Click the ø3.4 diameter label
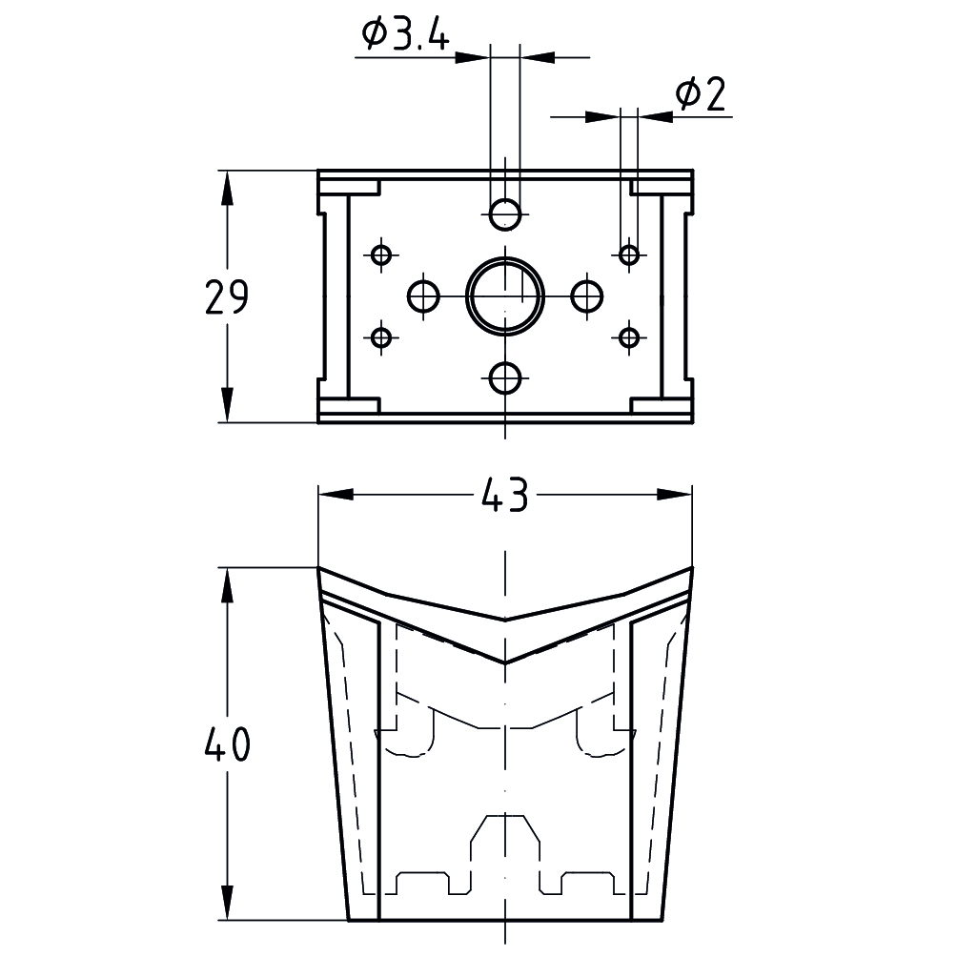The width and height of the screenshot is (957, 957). tap(405, 35)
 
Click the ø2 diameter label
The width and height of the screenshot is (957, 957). tap(701, 94)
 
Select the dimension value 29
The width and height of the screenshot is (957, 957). tap(227, 297)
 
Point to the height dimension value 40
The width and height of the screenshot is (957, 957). tap(227, 744)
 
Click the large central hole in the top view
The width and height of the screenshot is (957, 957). tap(504, 295)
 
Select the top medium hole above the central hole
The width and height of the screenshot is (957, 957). tap(505, 214)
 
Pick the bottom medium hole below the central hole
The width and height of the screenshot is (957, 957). tap(505, 378)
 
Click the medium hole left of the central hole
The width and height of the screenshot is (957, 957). tap(423, 295)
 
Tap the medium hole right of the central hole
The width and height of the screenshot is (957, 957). tap(587, 295)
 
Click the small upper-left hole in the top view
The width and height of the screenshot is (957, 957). tap(382, 255)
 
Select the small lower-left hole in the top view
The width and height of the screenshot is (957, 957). tap(382, 337)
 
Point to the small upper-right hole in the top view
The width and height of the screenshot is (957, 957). tap(628, 255)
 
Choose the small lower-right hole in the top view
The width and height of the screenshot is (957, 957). tap(628, 337)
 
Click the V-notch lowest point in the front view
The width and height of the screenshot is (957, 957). tap(505, 661)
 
